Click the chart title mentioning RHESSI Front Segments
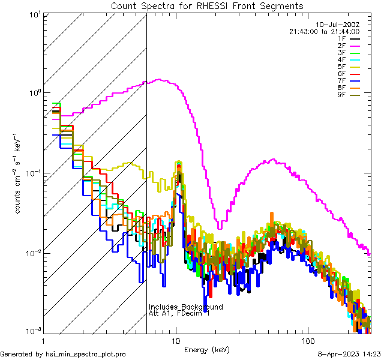[207, 6]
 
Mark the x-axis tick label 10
[176, 339]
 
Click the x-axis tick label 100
[308, 339]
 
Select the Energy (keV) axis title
[207, 349]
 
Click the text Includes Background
[185, 307]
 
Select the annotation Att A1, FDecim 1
[179, 314]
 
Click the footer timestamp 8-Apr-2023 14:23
[349, 355]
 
